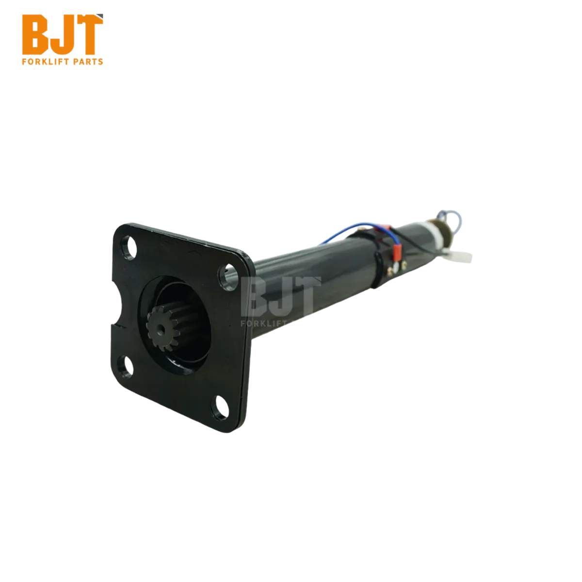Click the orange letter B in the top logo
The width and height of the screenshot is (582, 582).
[x=35, y=35]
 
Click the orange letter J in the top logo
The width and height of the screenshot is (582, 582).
[x=62, y=35]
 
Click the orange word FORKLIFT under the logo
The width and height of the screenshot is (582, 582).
[x=44, y=62]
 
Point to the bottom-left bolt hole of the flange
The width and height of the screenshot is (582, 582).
[x=125, y=366]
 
